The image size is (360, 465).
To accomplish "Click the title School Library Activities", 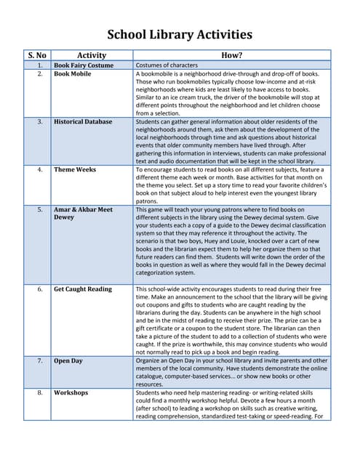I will (180, 34).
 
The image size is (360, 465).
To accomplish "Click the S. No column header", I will (37, 55).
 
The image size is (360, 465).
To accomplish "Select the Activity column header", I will (91, 55).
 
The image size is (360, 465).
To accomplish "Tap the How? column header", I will (231, 55).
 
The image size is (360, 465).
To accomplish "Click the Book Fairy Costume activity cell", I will (84, 65).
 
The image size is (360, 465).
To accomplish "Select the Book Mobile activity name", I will (73, 74).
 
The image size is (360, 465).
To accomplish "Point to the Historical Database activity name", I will (83, 122).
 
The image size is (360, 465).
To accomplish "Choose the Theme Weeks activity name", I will (75, 169).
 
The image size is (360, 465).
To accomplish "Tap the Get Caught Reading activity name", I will (83, 289).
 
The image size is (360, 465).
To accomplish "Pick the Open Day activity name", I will (68, 360).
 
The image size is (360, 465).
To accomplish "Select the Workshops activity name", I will (71, 392).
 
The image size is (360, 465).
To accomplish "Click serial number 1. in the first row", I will (40, 65).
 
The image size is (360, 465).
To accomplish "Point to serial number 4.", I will (40, 169).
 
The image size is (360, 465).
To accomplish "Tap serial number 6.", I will (40, 289).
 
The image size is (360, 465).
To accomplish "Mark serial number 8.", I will (40, 392).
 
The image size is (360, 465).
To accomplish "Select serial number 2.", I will (40, 74).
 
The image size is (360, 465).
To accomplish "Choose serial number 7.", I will (40, 360).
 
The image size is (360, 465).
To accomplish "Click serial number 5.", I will (40, 209).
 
